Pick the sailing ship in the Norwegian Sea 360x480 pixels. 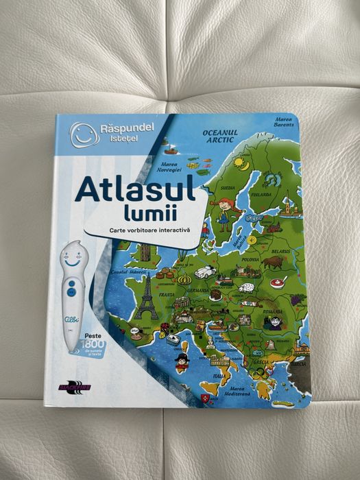click(x=169, y=148)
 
